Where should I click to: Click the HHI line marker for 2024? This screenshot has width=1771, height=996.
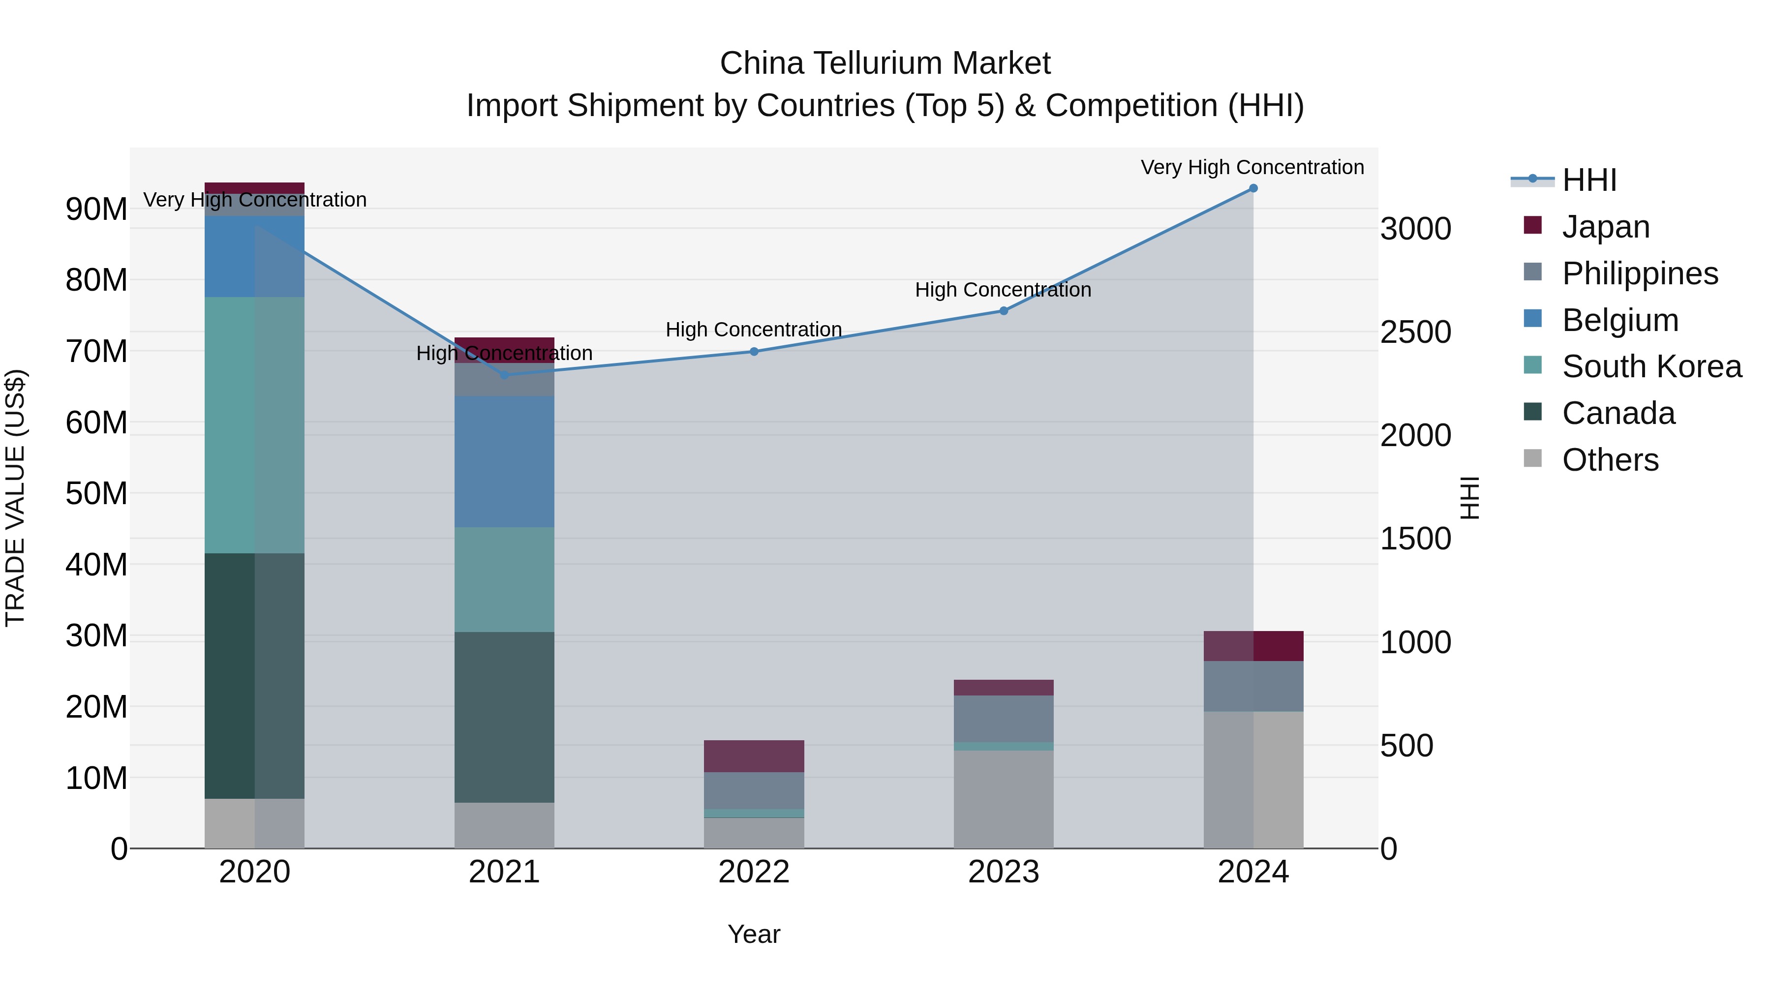(x=1252, y=188)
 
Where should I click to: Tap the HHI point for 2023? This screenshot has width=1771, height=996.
(x=1003, y=311)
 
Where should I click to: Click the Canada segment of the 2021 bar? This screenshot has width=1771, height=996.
(x=504, y=717)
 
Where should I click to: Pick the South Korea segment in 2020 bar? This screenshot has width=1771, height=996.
(x=254, y=425)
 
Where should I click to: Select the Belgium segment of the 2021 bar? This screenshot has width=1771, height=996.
(x=504, y=461)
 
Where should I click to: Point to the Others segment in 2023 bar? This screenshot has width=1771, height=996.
(x=1003, y=799)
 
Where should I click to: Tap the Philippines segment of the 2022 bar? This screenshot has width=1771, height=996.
(x=754, y=790)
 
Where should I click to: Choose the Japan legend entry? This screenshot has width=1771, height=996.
(x=1605, y=227)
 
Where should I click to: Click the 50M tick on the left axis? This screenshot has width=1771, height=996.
(x=96, y=493)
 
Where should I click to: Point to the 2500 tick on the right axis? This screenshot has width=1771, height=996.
(x=1415, y=332)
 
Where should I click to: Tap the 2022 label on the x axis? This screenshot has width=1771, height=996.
(x=754, y=872)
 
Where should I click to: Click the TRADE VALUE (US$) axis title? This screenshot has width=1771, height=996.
(x=15, y=498)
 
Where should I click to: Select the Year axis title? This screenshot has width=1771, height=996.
(x=754, y=934)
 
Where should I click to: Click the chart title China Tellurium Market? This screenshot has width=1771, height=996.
(x=885, y=63)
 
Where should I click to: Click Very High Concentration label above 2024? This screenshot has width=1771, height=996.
(x=1252, y=167)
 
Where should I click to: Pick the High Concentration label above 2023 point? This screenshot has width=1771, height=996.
(x=1003, y=289)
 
